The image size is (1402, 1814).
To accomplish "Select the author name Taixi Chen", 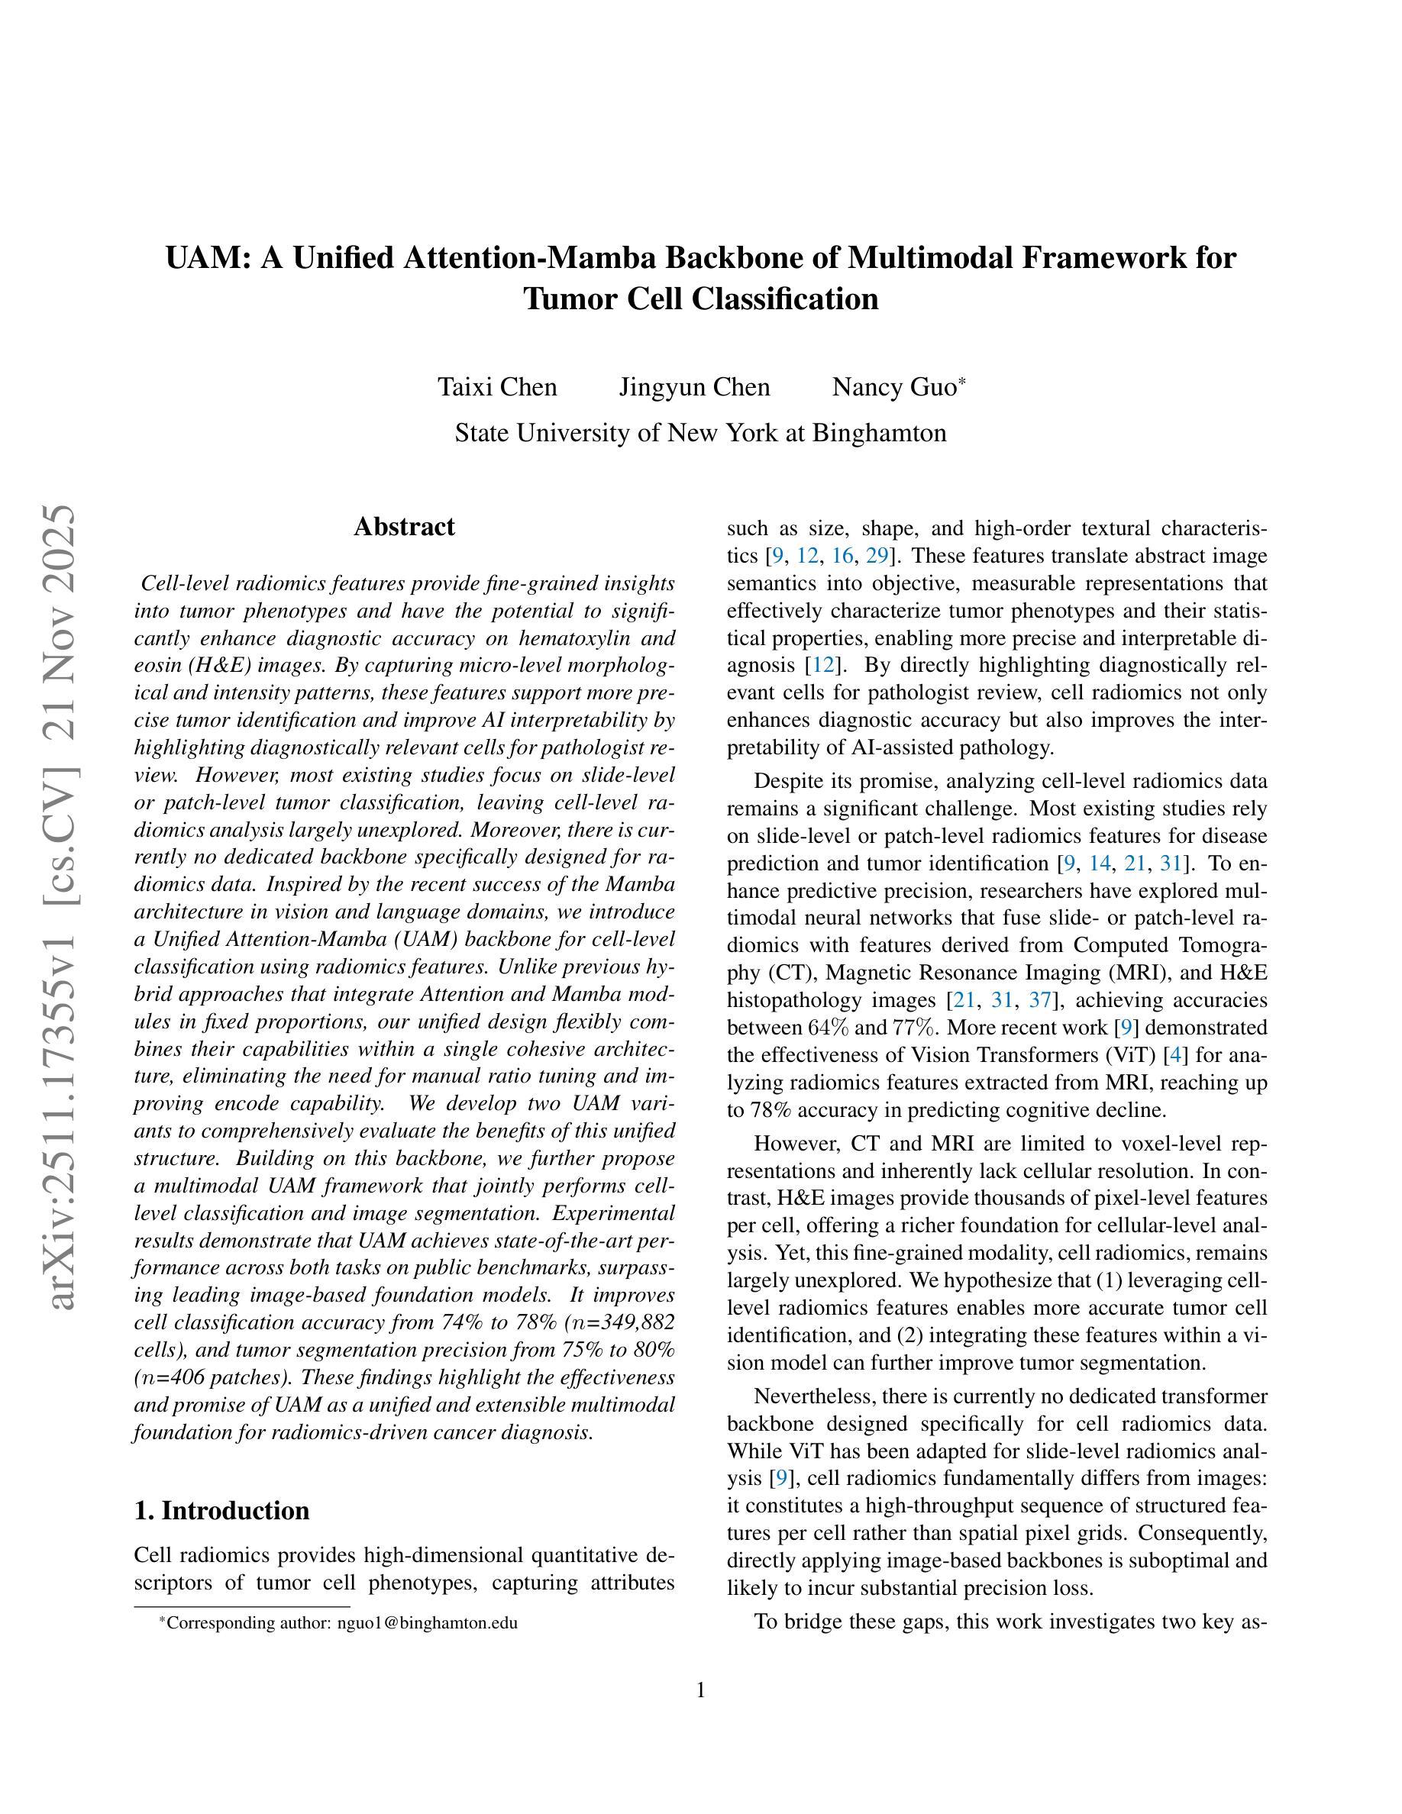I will click(x=498, y=387).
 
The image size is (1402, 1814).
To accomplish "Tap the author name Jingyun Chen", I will click(x=694, y=387).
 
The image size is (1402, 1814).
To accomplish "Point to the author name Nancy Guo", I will click(x=894, y=387).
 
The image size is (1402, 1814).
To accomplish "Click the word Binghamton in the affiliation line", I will click(x=879, y=433).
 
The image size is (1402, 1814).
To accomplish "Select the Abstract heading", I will click(x=404, y=527).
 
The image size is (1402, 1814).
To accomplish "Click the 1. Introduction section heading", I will click(x=221, y=1511).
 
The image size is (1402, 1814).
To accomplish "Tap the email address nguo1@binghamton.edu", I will click(x=427, y=1623).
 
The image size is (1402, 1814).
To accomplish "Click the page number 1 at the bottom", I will click(x=701, y=1690).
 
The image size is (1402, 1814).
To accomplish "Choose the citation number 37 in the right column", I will click(x=1040, y=1000).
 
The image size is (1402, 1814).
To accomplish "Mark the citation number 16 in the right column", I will click(x=842, y=556).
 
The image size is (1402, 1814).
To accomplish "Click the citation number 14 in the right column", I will click(x=1100, y=863).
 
